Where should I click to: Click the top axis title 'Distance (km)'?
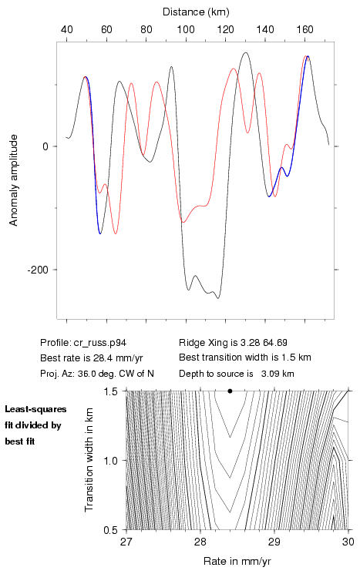(x=196, y=12)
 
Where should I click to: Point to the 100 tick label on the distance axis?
(x=186, y=29)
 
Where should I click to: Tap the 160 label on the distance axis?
(x=304, y=29)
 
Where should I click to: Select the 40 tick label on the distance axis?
(x=67, y=29)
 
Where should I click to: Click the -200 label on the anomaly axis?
(x=38, y=270)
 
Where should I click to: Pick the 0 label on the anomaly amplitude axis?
(x=45, y=146)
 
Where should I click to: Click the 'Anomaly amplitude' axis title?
(x=14, y=180)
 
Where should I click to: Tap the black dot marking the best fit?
(x=230, y=391)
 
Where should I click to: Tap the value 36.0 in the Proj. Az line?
(x=86, y=374)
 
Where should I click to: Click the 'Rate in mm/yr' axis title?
(x=237, y=561)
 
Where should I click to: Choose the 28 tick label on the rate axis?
(x=200, y=542)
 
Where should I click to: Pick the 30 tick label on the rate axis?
(x=348, y=542)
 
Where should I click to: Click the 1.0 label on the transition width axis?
(x=110, y=461)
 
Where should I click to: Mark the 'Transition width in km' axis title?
(x=89, y=460)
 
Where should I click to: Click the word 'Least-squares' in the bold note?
(x=35, y=409)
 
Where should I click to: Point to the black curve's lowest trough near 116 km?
(x=218, y=298)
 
